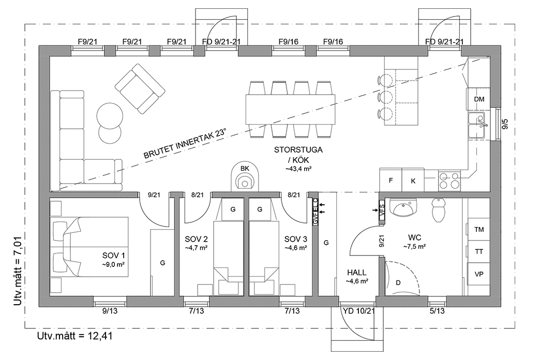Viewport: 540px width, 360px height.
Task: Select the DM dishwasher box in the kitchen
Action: click(x=479, y=99)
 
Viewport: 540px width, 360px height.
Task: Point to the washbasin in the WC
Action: click(x=404, y=210)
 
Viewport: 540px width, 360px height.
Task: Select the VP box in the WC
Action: click(x=479, y=274)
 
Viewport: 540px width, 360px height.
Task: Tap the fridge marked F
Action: click(x=391, y=181)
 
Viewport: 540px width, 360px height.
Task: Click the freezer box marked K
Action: click(x=413, y=181)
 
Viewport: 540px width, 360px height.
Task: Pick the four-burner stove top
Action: click(x=449, y=181)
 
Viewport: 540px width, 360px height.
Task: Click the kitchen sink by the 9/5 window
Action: click(x=478, y=126)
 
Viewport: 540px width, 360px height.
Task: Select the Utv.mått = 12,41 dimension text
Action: click(x=75, y=336)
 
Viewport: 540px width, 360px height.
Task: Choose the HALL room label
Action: click(x=356, y=273)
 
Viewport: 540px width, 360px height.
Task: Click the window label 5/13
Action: click(x=437, y=311)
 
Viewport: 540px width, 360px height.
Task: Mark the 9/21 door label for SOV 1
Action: click(x=154, y=195)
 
